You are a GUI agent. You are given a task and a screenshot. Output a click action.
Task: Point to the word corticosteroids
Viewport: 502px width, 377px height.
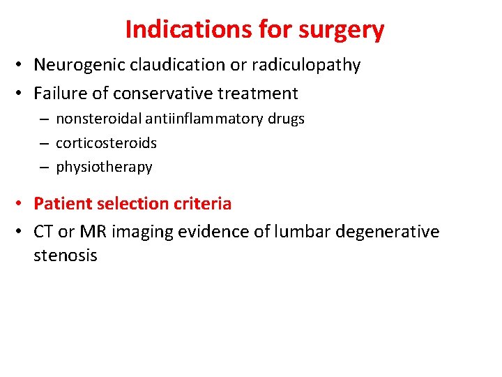[x=106, y=143]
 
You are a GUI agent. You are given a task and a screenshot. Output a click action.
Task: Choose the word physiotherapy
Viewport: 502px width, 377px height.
[x=104, y=167]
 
